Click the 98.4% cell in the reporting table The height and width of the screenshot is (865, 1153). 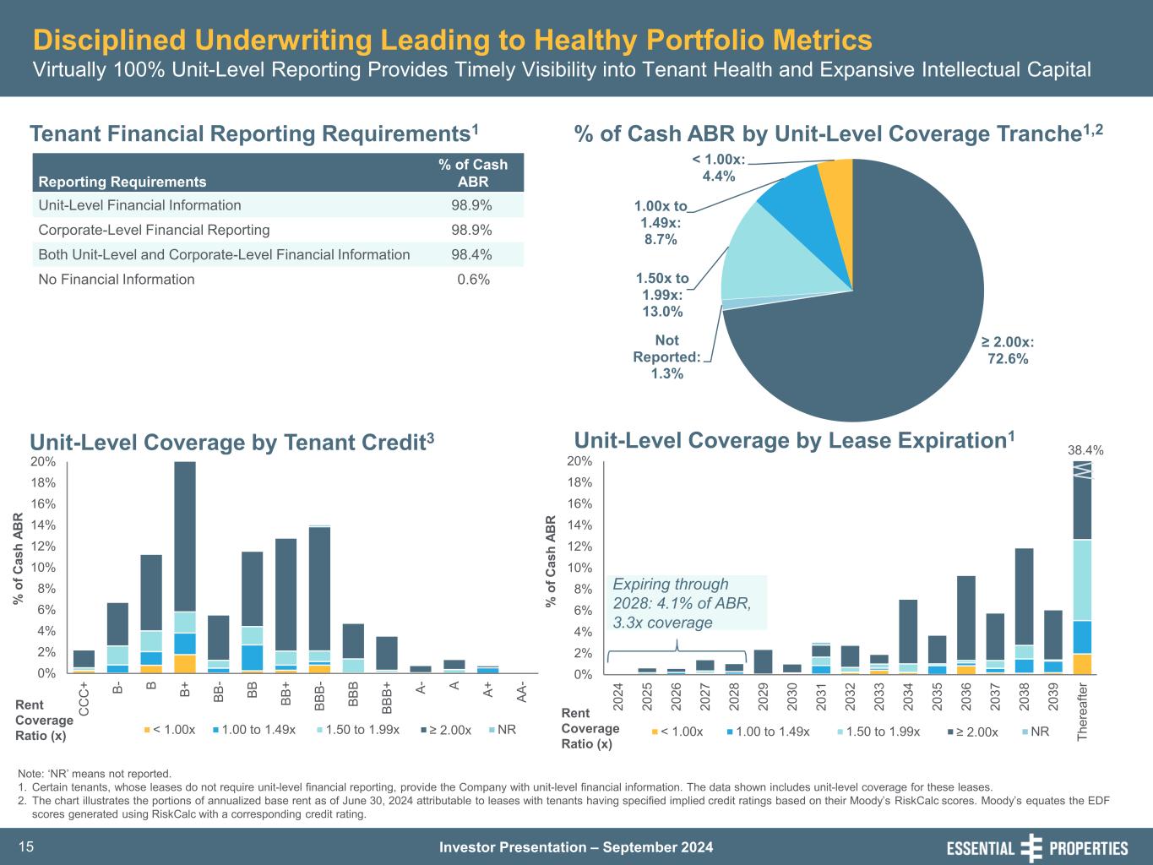(473, 255)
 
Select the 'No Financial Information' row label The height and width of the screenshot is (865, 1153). (117, 280)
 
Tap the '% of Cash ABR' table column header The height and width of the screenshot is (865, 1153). (473, 173)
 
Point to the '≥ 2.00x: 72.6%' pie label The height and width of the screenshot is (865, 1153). (1008, 351)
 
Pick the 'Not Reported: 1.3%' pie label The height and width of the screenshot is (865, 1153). (666, 356)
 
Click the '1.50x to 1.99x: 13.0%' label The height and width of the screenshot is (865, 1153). (662, 295)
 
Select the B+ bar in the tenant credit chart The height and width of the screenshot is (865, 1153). (185, 566)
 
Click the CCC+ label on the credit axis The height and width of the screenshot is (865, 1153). (84, 699)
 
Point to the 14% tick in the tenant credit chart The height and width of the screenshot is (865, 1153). (44, 525)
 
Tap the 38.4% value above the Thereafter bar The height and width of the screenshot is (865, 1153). (1085, 451)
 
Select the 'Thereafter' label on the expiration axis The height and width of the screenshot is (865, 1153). (1083, 712)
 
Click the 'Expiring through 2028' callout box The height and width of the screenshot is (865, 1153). (686, 603)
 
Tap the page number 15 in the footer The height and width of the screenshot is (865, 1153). (26, 847)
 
